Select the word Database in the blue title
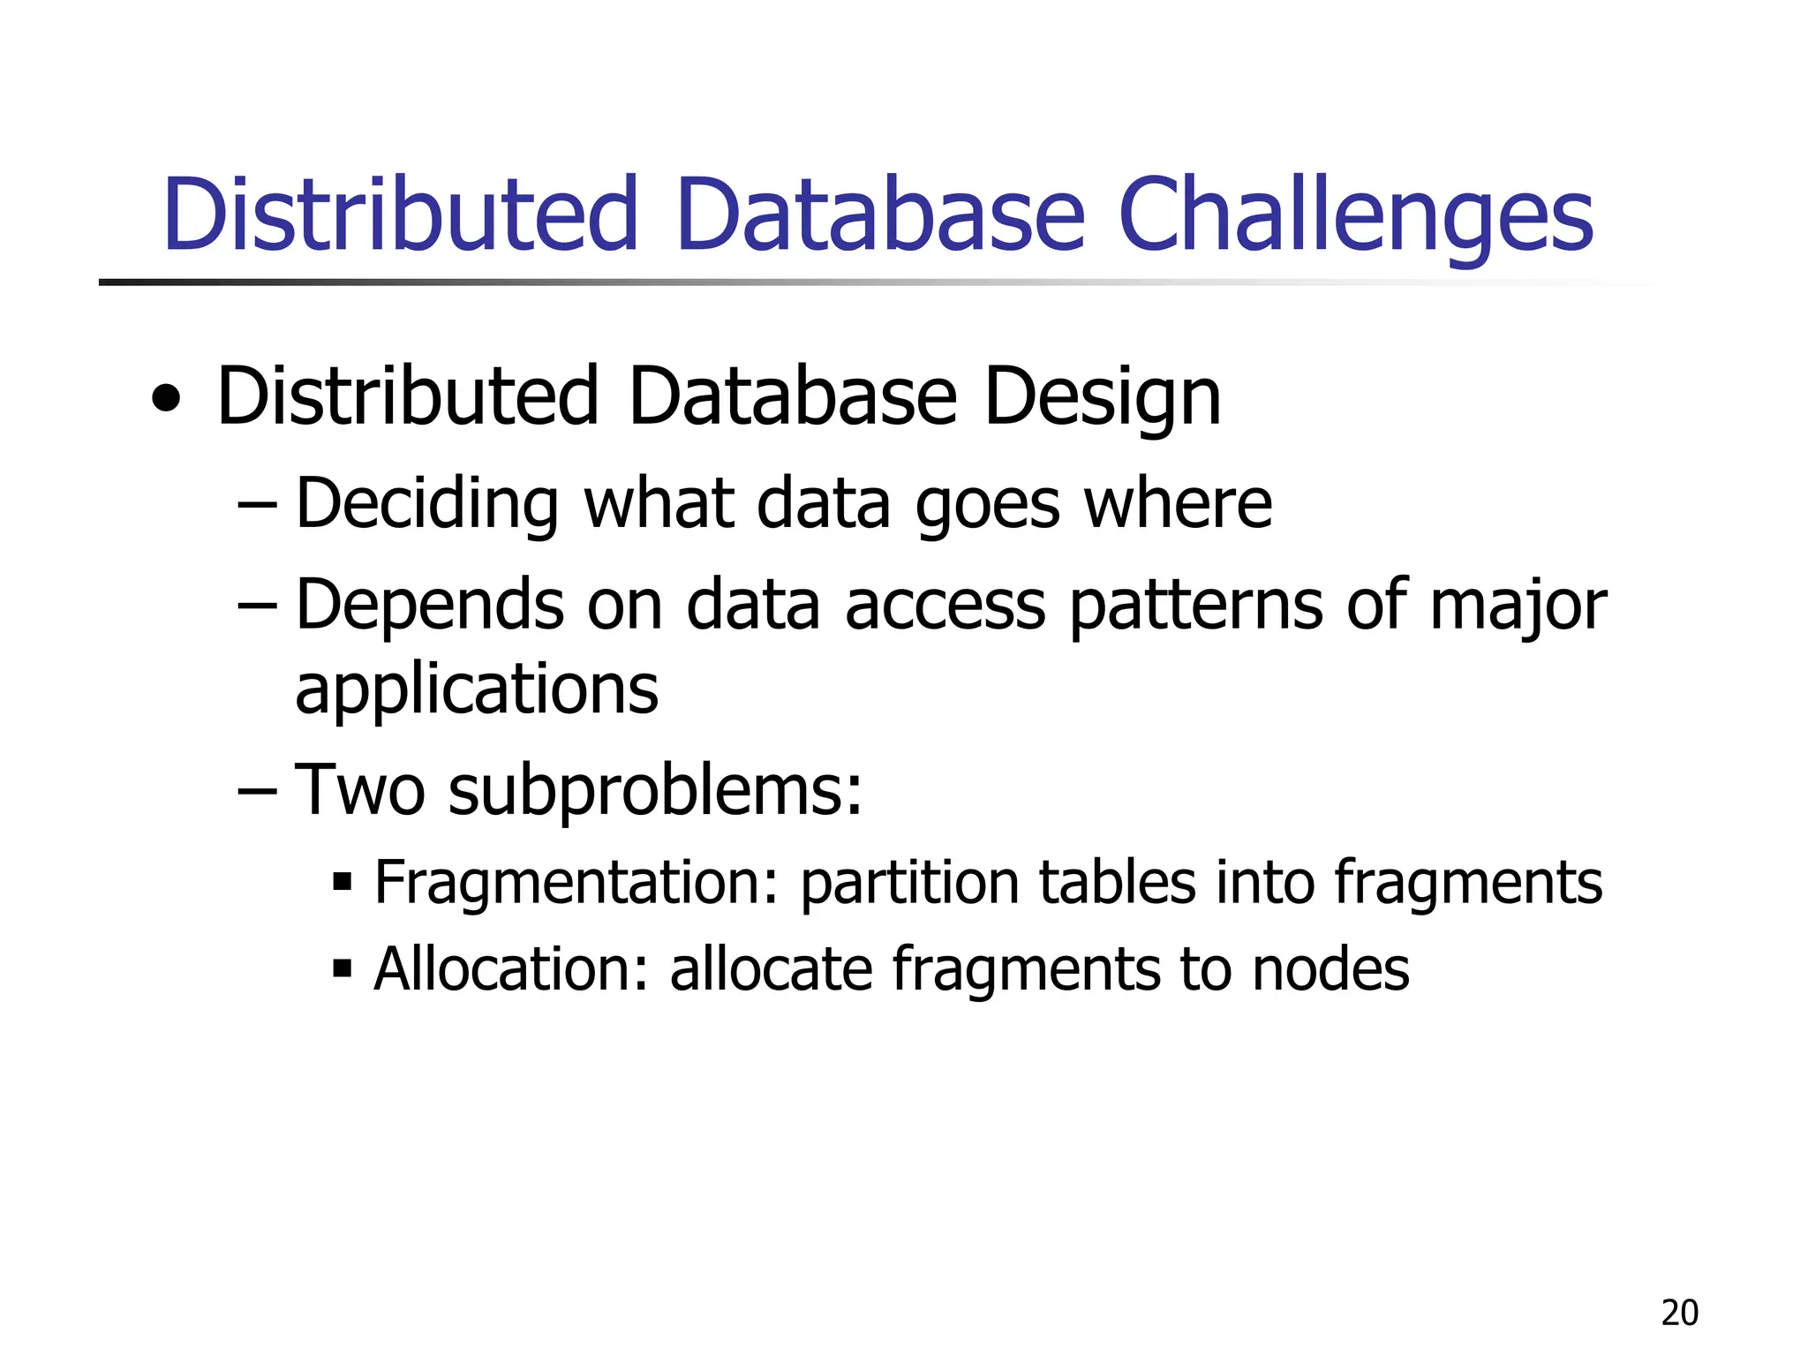[x=880, y=215]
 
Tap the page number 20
[x=1679, y=1314]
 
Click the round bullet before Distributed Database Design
[x=166, y=399]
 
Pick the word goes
[x=987, y=505]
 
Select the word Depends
[x=429, y=606]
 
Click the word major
[x=1517, y=606]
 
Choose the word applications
[x=477, y=690]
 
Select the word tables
[x=1117, y=882]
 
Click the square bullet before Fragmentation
[x=343, y=881]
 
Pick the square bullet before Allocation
[x=343, y=968]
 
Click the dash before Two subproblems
[x=257, y=789]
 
